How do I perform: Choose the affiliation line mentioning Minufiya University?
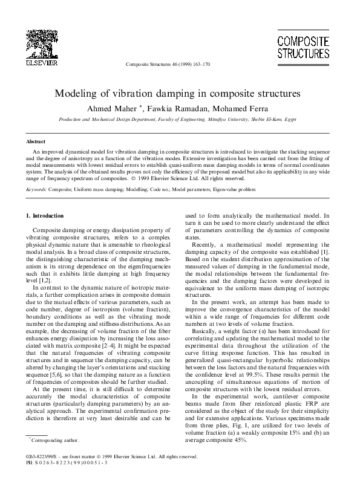point(180,120)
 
